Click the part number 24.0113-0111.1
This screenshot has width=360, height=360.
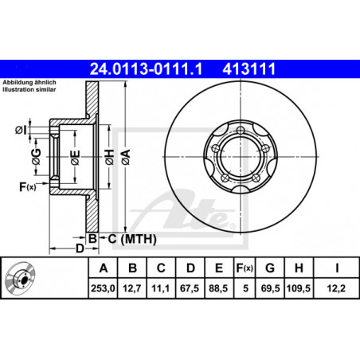(x=146, y=69)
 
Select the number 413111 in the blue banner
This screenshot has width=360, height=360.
(x=249, y=69)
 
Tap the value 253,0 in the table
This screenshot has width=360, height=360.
(x=103, y=288)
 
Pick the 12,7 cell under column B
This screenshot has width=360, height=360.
(x=132, y=288)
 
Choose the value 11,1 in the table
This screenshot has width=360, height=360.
(x=161, y=288)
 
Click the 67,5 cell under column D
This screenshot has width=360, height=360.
(x=190, y=288)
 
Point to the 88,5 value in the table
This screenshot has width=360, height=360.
(x=218, y=288)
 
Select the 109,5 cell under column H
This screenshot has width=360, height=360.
(x=299, y=288)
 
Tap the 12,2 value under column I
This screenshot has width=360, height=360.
(x=336, y=288)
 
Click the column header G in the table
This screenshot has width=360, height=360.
(x=270, y=268)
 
